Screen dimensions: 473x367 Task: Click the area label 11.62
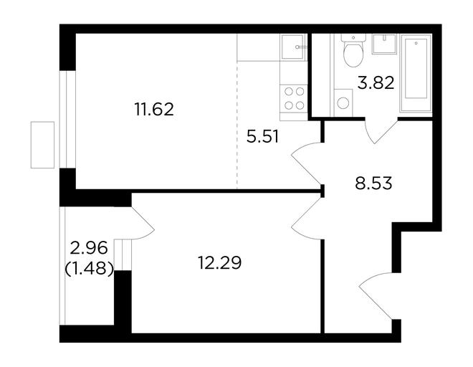pos(154,109)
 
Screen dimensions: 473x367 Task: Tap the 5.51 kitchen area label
pos(262,136)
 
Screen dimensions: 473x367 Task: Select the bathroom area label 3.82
pos(376,82)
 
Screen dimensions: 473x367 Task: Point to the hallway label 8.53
pos(373,183)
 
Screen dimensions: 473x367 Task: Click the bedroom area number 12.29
pos(219,262)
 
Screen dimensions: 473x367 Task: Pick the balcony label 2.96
pos(88,249)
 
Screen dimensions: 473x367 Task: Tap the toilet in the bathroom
pos(353,50)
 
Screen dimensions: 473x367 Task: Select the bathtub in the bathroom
pos(416,73)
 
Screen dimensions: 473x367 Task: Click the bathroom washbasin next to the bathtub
pos(383,44)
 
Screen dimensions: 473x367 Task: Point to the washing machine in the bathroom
pos(343,103)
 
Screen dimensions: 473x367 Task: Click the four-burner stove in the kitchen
pos(294,98)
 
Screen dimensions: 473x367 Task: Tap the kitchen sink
pos(293,47)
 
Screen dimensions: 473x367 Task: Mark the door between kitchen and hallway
pos(306,163)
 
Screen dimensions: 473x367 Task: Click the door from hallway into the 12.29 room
pos(306,219)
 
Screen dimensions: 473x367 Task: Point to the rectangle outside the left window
pos(42,145)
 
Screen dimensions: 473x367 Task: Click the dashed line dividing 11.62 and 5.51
pos(237,125)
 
